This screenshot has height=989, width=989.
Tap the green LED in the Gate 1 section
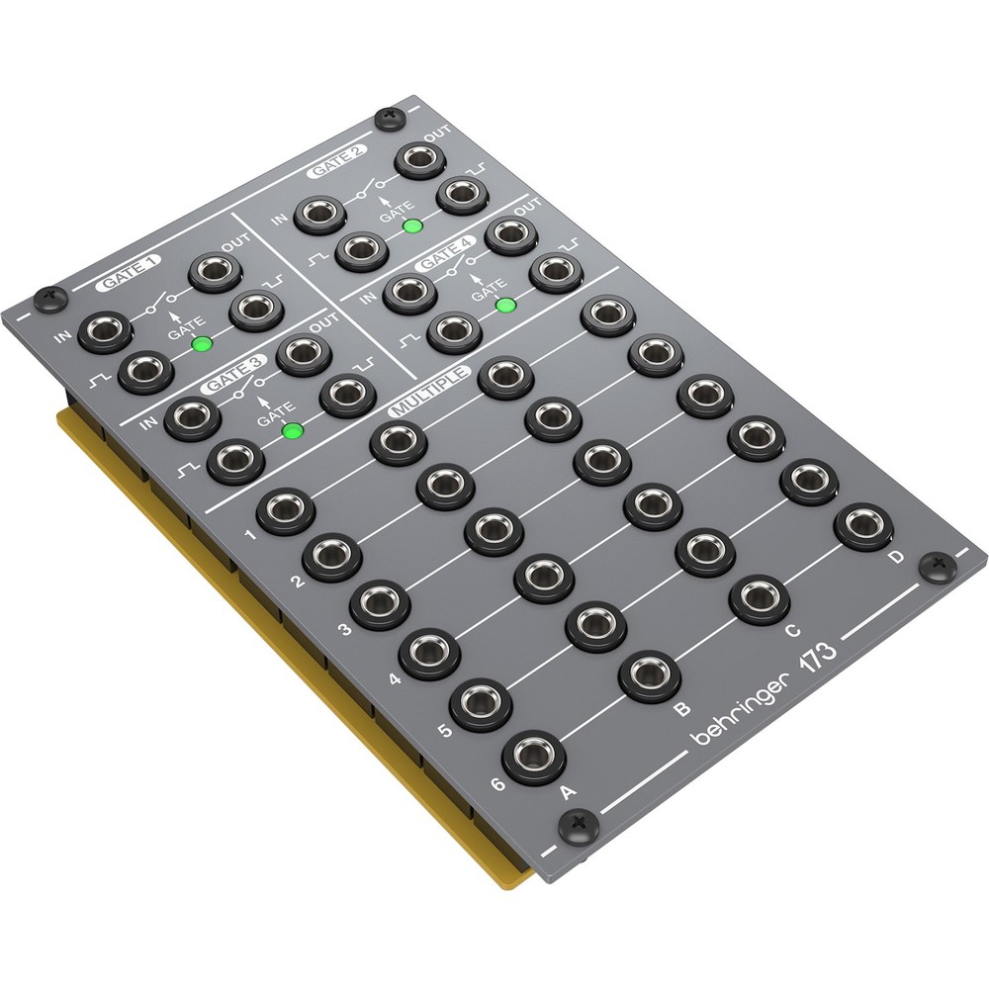[x=203, y=344]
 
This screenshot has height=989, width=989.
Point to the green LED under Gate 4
[x=505, y=304]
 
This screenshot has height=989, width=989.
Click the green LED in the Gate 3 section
[x=292, y=431]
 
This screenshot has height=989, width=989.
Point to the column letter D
[x=896, y=558]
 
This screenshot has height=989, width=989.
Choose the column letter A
[x=567, y=791]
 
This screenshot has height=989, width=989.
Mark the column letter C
[x=791, y=630]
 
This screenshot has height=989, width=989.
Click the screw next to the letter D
[x=936, y=566]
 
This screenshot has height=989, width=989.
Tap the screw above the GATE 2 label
[x=388, y=120]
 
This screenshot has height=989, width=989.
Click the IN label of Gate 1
[x=63, y=339]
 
